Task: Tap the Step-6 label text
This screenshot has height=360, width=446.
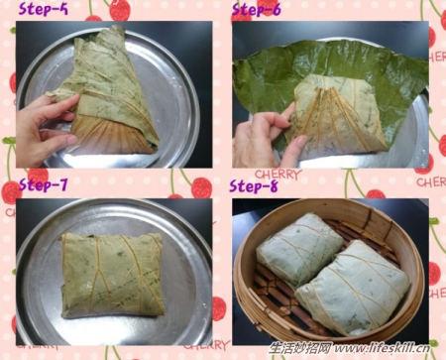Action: click(x=256, y=12)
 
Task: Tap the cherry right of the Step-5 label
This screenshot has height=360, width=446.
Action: click(x=119, y=11)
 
